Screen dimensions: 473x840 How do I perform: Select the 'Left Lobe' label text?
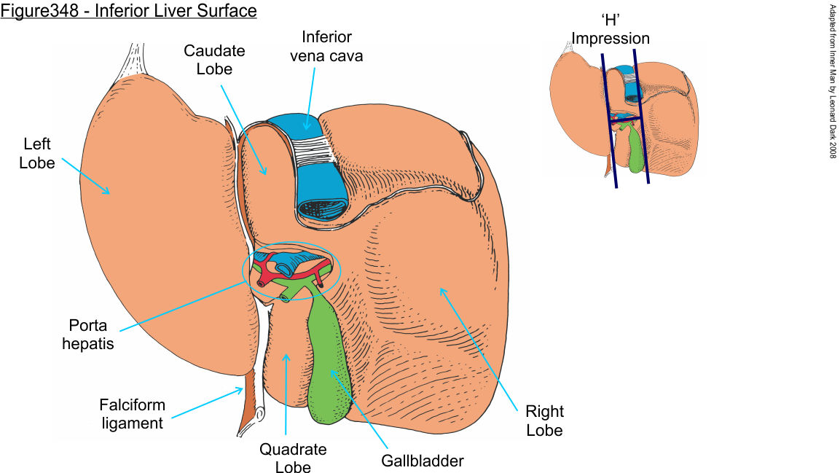[37, 154]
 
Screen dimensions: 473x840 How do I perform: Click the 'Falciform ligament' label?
[132, 413]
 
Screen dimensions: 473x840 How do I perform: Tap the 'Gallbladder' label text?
[422, 461]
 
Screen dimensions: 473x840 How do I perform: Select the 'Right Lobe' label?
[545, 421]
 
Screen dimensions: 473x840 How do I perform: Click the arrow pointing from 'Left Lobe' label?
[85, 176]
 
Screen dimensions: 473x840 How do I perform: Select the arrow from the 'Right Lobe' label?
[482, 342]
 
